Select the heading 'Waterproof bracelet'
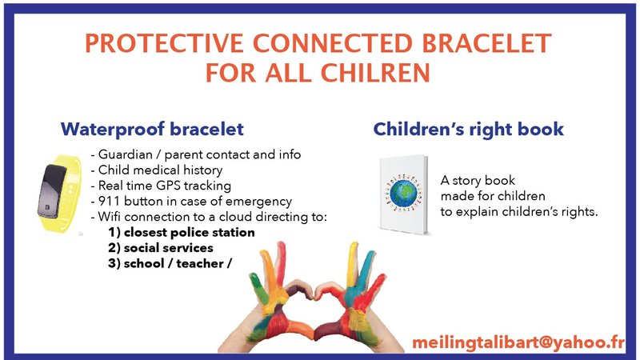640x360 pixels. [152, 129]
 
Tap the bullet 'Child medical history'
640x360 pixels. [160, 170]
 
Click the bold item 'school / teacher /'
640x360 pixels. [177, 264]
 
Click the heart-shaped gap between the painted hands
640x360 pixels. [319, 300]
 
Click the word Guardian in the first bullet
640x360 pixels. [125, 154]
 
